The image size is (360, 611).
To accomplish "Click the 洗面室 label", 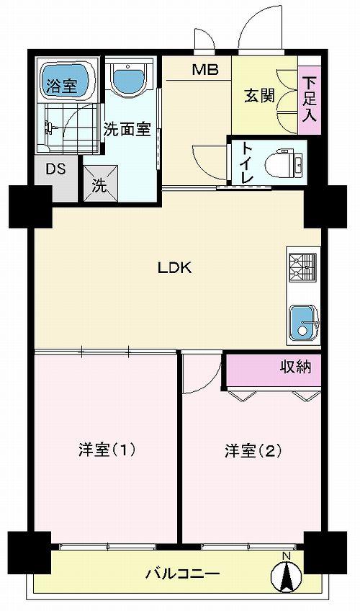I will [127, 130].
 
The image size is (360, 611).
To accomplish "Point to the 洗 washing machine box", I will [99, 184].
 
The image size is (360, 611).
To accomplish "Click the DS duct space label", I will [55, 170].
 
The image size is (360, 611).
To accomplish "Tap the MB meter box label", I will [200, 71].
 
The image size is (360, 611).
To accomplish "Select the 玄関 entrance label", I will [259, 96].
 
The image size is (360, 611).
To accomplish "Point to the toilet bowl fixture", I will [283, 164].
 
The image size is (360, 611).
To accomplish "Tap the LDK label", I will [174, 268].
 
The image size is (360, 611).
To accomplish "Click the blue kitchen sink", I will [302, 321].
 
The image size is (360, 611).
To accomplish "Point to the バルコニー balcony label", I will [183, 574].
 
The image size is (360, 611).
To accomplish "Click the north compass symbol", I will [286, 574].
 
